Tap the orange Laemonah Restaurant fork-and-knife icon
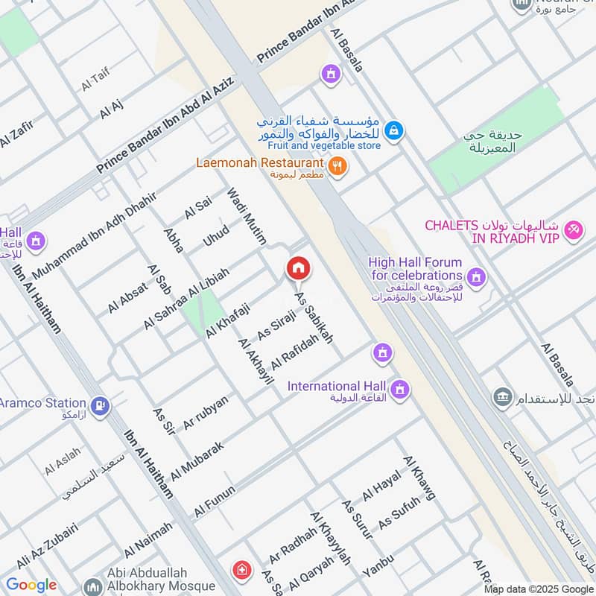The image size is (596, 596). coord(337,167)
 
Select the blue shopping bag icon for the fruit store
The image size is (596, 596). coord(395,131)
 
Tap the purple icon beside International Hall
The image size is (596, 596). coord(400,389)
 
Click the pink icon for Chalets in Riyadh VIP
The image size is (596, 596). coord(573,230)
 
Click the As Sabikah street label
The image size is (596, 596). coord(314,317)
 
